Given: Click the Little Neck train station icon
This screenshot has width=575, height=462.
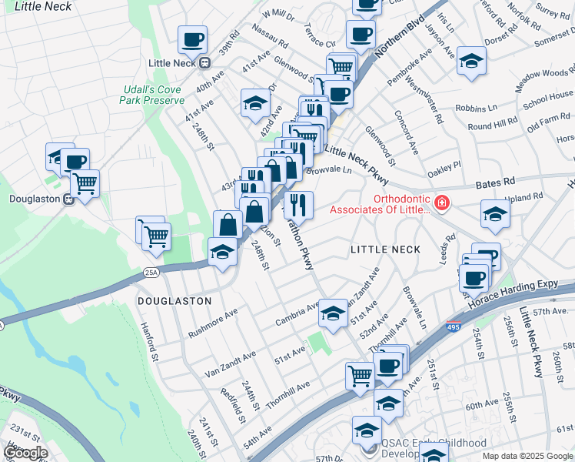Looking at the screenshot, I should click(205, 62).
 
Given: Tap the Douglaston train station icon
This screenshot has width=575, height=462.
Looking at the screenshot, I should click(68, 199).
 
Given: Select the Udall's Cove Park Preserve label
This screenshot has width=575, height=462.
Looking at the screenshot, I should click(153, 95).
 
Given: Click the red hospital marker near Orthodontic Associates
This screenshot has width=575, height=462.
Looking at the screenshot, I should click(441, 204).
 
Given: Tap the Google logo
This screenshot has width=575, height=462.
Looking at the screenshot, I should click(25, 453).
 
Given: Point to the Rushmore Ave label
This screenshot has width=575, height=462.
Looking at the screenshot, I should click(213, 324).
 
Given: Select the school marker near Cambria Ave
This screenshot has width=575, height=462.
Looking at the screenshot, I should click(332, 313).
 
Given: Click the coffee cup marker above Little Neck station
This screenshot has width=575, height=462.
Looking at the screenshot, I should click(192, 38).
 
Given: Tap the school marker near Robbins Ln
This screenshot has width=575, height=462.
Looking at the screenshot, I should click(470, 60).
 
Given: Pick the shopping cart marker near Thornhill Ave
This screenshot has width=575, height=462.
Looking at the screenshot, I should click(359, 376).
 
